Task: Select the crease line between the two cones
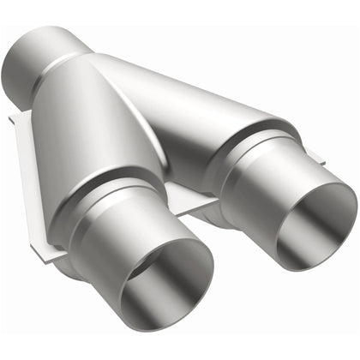(163, 129)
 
